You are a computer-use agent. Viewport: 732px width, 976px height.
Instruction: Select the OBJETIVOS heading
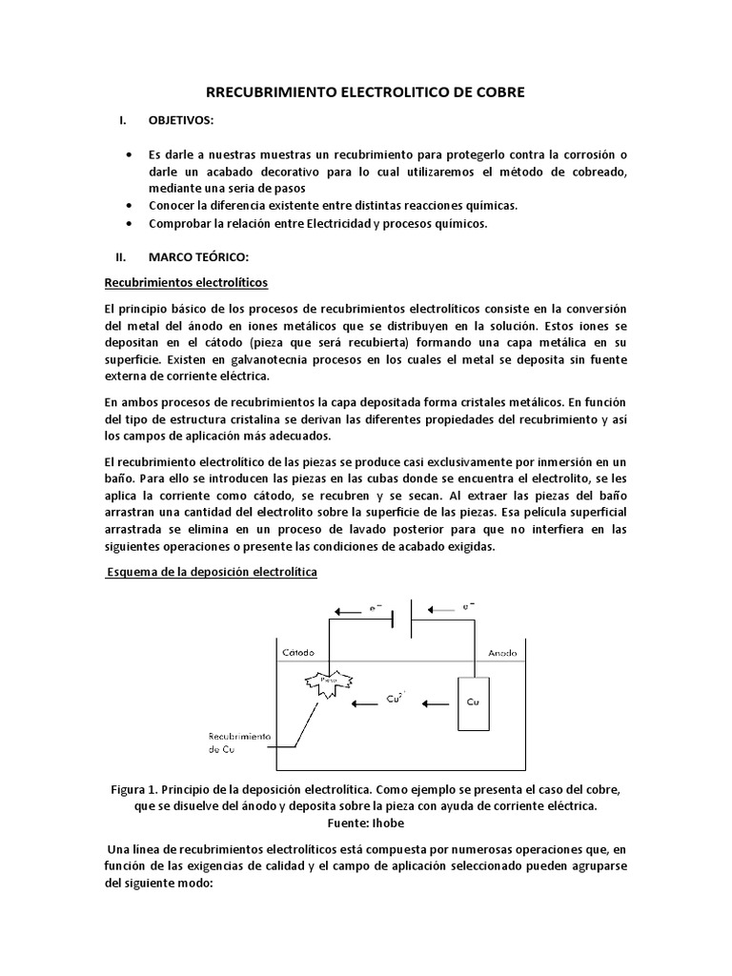[181, 122]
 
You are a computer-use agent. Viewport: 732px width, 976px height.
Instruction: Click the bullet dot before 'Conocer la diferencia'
[130, 205]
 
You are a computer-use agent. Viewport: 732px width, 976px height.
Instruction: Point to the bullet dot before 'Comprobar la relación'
[130, 223]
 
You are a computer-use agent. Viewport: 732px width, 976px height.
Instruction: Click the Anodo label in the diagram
[502, 653]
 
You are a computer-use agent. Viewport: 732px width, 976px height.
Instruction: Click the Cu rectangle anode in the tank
[474, 704]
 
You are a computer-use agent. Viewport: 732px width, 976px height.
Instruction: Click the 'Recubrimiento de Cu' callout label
[238, 743]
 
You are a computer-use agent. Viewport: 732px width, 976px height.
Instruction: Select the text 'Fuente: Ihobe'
[366, 822]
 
